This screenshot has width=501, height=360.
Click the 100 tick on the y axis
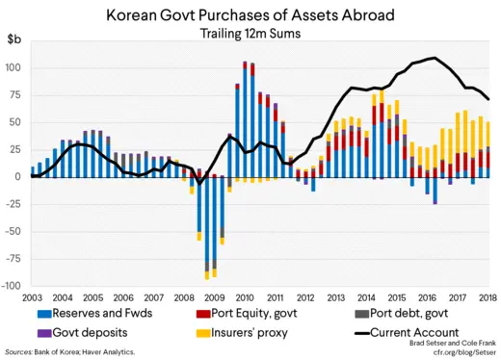click(13, 68)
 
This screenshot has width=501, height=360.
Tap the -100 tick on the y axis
click(12, 286)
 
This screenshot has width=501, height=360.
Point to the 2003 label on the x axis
click(32, 297)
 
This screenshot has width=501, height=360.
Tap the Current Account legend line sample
click(364, 332)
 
